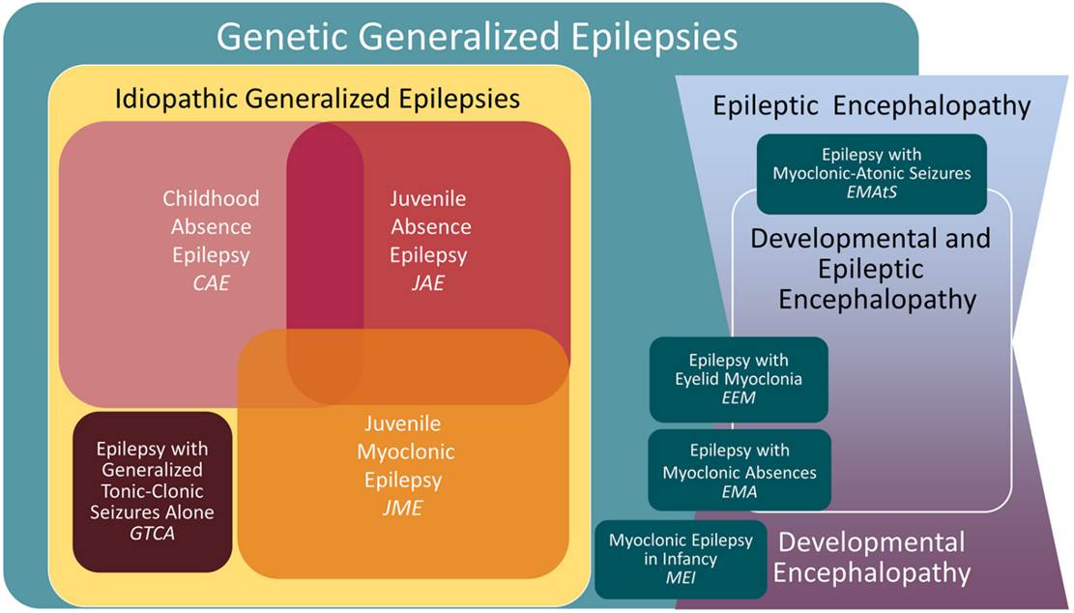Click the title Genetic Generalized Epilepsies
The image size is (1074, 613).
pos(477,37)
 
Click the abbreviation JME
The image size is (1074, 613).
pos(403,507)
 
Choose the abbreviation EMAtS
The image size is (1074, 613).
pos(872,193)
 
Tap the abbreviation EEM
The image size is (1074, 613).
pos(739,399)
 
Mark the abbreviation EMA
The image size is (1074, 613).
pos(739,492)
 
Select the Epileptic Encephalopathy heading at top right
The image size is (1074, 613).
pos(872,105)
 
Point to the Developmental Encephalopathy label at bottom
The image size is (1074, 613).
pos(872,557)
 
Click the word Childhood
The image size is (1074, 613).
pos(211,198)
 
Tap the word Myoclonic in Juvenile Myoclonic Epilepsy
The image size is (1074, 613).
pos(403,452)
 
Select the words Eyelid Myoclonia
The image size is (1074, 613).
pos(739,379)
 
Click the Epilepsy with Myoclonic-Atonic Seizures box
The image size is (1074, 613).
pos(872,174)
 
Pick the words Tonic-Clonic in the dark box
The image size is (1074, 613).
pos(152,491)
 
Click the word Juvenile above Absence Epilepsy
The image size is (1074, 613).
pos(428,199)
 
